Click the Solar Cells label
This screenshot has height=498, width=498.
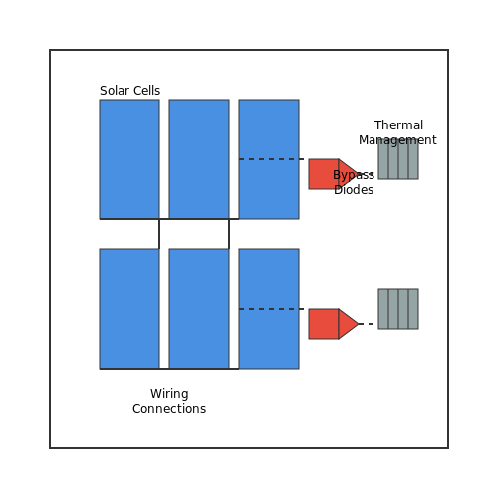129,91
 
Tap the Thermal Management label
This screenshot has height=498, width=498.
397,132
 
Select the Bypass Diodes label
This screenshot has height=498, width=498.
354,182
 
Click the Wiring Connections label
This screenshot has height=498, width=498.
169,401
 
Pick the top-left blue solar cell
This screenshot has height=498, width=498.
129,159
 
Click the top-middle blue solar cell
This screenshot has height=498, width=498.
199,159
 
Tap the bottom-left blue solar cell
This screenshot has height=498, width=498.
129,309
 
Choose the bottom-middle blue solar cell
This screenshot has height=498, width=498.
199,309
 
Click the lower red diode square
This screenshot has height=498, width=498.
324,324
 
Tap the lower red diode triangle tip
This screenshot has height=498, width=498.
359,324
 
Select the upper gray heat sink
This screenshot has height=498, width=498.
398,159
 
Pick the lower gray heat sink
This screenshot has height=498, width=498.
398,309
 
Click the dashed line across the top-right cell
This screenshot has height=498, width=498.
271,159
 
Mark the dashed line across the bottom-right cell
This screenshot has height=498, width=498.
271,309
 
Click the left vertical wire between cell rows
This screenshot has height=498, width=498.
159,234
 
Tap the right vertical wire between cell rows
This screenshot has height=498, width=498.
229,234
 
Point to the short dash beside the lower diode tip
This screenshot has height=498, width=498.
367,324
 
